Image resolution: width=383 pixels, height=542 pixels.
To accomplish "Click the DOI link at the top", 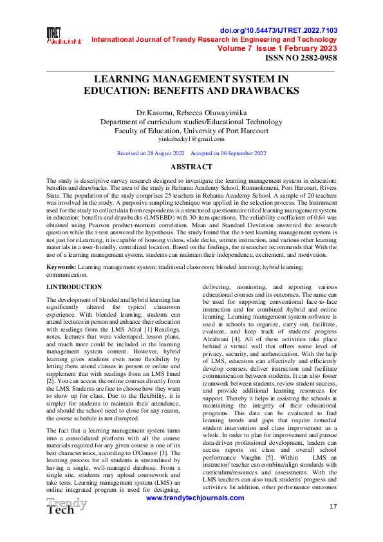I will click(x=297, y=31).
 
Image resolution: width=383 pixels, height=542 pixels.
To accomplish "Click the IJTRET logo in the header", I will click(x=64, y=36).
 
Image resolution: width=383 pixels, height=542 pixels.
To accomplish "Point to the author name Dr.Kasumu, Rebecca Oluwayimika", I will click(x=191, y=113).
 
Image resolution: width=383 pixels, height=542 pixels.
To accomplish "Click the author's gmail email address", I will click(x=191, y=138).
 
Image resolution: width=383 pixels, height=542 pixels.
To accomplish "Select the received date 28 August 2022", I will click(x=162, y=153).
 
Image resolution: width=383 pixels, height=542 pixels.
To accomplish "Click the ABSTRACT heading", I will click(x=191, y=167).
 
